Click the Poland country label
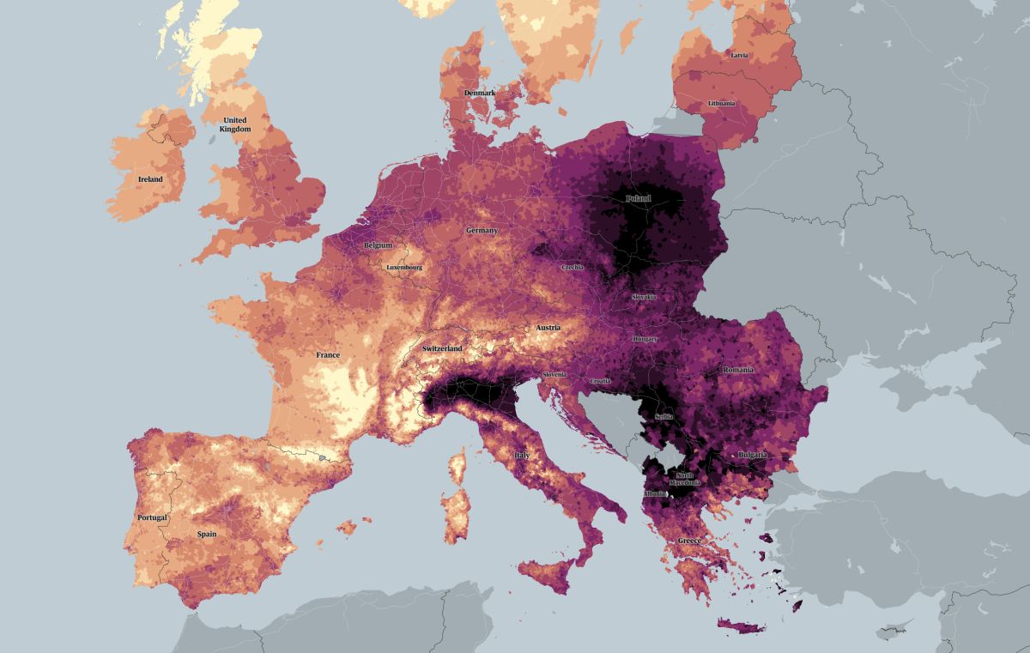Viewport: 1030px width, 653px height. [638, 199]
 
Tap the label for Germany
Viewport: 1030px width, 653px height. [482, 231]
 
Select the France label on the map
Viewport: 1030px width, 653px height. [327, 355]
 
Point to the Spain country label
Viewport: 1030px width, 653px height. [206, 534]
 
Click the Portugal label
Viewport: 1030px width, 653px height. [152, 517]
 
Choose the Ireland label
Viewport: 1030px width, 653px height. [150, 179]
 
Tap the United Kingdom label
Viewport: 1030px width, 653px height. [234, 124]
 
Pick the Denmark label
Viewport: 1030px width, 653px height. [480, 93]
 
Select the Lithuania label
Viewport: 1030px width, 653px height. [721, 104]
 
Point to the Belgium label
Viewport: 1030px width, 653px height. [378, 245]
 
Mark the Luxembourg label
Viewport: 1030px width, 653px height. [404, 267]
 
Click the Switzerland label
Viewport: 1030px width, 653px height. [442, 348]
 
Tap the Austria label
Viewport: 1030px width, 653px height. [548, 328]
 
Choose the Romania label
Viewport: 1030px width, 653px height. [738, 369]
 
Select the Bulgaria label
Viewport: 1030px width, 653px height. [752, 455]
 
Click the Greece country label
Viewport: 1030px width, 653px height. [690, 541]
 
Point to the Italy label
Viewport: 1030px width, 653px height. [521, 455]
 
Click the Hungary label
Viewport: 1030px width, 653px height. [645, 339]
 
